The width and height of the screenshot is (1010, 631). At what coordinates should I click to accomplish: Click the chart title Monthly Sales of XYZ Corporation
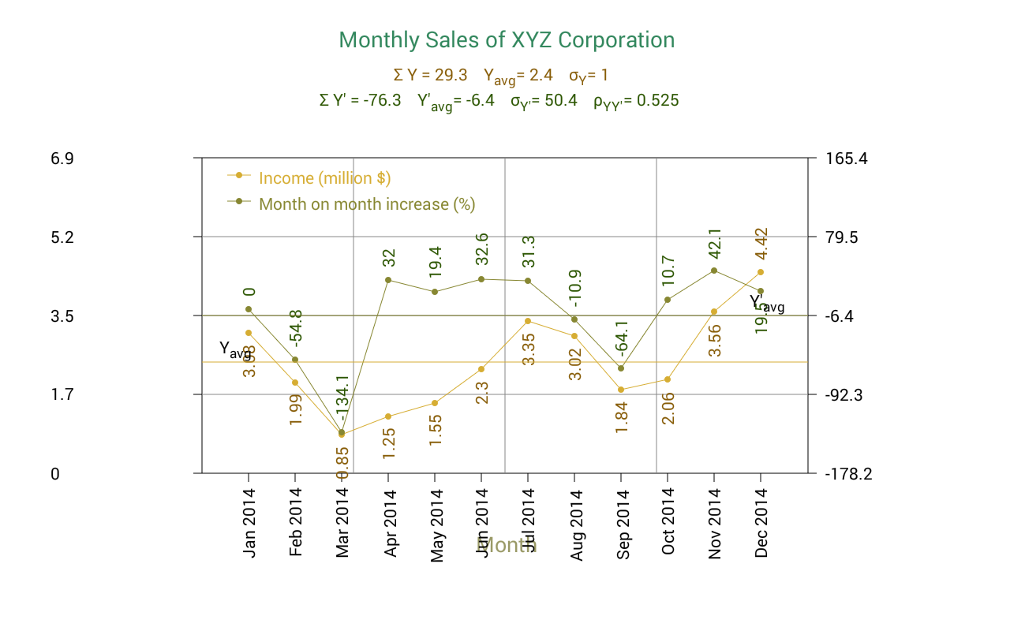[507, 39]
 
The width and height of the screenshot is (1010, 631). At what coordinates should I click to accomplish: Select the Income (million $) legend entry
[324, 178]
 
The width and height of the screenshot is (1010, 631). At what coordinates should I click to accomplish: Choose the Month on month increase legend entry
[367, 204]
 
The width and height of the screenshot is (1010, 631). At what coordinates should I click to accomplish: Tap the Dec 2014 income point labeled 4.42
[761, 272]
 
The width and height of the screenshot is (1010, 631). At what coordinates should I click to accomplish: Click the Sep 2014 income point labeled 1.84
[621, 390]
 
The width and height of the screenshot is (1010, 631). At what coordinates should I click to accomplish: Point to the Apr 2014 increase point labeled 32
[388, 280]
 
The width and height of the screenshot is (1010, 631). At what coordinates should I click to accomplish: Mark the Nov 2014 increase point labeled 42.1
[714, 271]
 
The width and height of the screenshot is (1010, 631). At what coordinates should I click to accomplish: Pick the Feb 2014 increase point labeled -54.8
[295, 360]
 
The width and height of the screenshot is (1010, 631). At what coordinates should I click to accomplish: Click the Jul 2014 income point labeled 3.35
[528, 321]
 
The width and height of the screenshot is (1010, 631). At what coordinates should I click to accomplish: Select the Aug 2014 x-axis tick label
[576, 525]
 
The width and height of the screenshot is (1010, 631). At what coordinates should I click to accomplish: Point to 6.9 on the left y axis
[62, 159]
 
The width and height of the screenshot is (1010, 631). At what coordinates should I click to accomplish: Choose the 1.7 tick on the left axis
[62, 394]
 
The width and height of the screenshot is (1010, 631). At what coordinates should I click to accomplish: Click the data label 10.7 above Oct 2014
[668, 271]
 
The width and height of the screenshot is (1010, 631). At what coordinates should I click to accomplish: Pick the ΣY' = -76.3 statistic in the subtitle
[360, 100]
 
